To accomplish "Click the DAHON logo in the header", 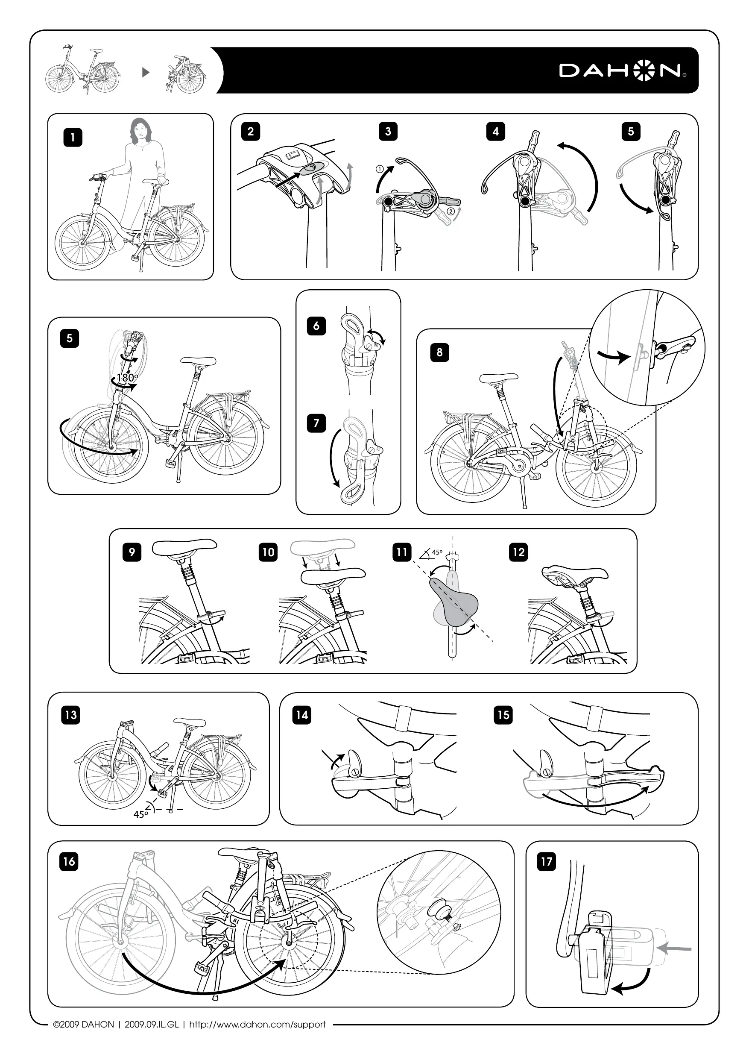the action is pos(623,70).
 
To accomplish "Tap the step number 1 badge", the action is pos(73,137).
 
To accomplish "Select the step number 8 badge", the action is pos(439,352).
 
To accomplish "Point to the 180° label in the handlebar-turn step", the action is pos(127,377).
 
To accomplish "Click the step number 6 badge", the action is pos(316,326).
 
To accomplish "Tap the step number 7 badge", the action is pos(316,423).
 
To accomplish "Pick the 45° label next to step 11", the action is pos(436,552).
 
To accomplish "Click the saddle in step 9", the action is pos(184,548).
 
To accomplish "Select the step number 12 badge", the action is pos(519,552).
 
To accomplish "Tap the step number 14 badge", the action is pos(302,715).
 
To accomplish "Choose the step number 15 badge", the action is pos(503,715).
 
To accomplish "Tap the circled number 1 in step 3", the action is pos(379,169).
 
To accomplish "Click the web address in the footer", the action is pos(257,1025).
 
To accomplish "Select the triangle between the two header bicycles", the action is pos(146,73).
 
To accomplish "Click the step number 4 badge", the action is pos(496,132).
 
